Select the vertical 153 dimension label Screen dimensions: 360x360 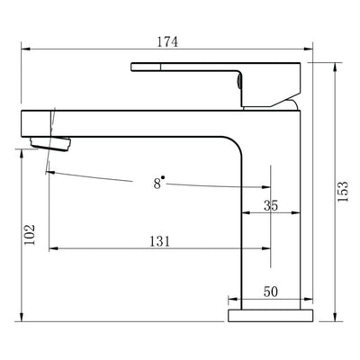(x=343, y=193)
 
